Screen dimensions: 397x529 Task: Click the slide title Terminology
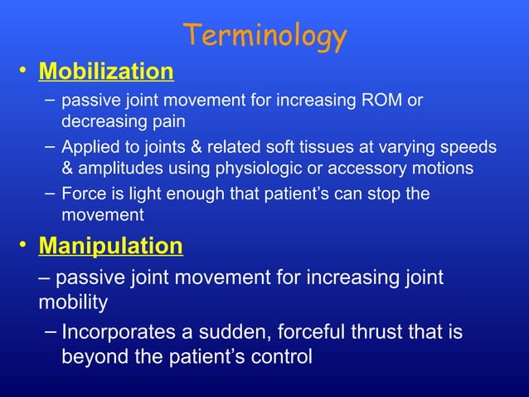tap(264, 36)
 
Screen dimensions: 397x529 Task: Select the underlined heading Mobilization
tap(106, 71)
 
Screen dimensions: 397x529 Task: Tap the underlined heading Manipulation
tap(111, 247)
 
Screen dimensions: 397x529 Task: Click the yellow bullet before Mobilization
tap(26, 73)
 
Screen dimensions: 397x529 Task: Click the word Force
tap(83, 194)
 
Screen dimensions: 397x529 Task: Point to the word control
tap(280, 358)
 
